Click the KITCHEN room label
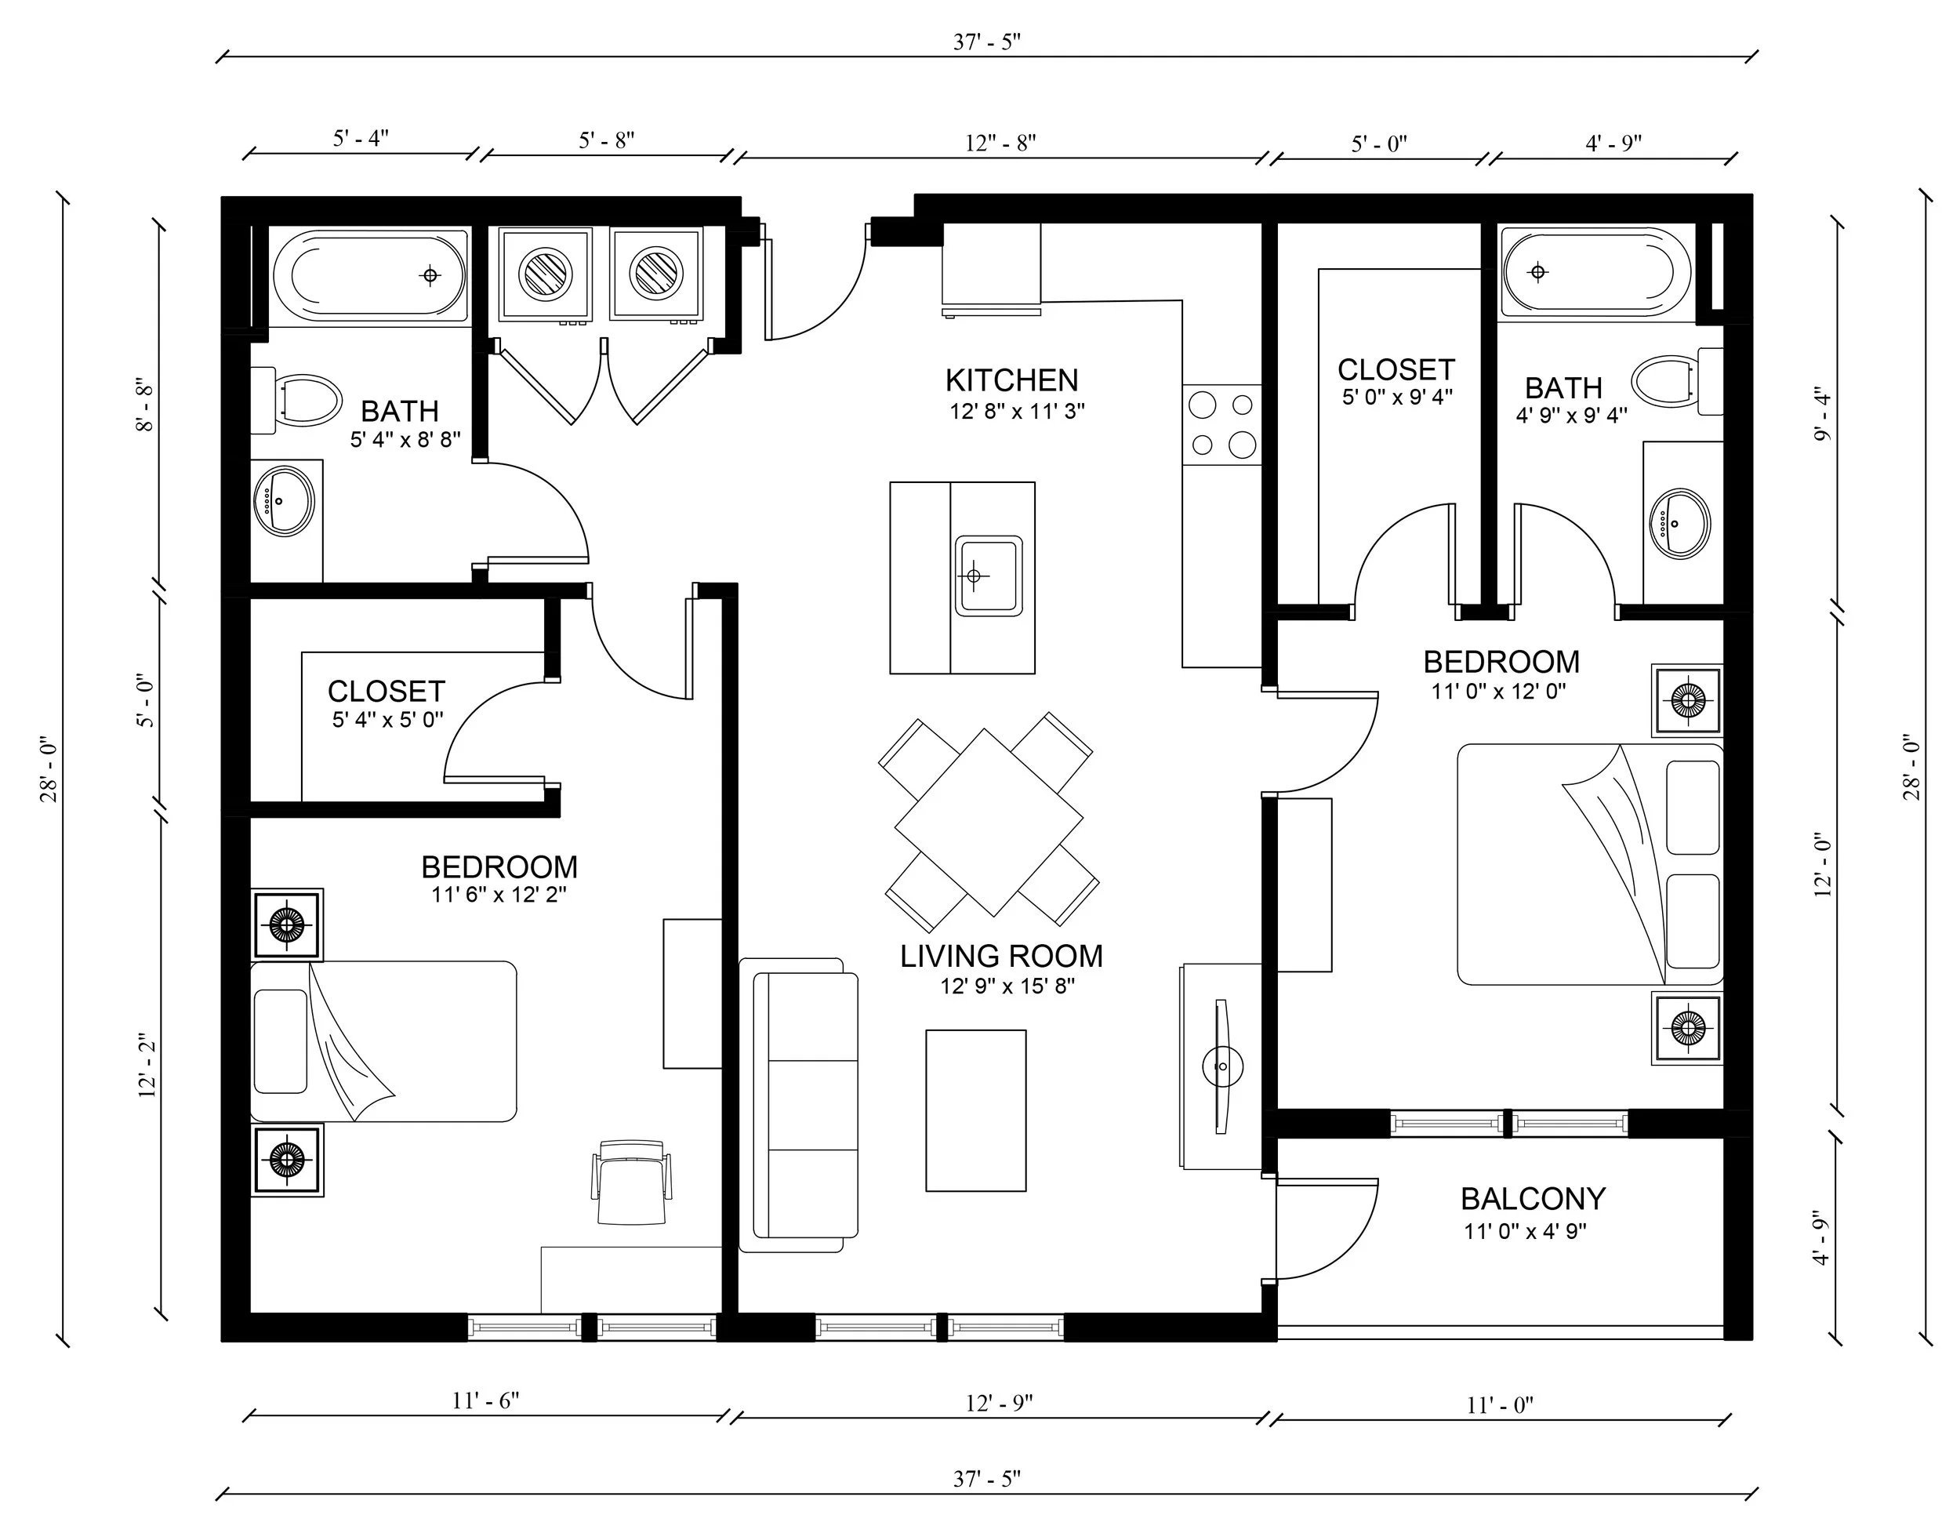click(1011, 380)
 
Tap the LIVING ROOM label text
click(1000, 956)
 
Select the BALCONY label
click(1532, 1198)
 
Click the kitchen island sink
click(988, 576)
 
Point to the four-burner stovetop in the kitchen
click(1221, 424)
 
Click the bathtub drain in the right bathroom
click(1538, 271)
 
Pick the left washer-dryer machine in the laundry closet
click(546, 274)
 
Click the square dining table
click(988, 822)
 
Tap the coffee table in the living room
click(975, 1110)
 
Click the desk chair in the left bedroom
click(631, 1181)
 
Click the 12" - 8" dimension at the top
click(1000, 143)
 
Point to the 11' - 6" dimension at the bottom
click(485, 1400)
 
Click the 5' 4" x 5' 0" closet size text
click(387, 720)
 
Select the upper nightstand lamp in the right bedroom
click(1687, 699)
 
